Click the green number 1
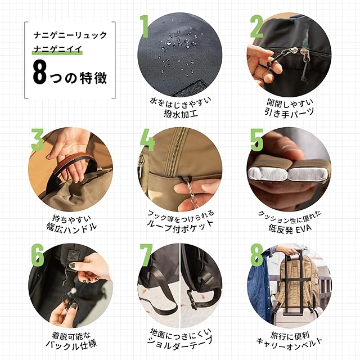click(x=145, y=26)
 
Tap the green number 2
click(x=256, y=26)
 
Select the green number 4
click(x=147, y=140)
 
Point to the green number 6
click(x=38, y=255)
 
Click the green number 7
click(x=146, y=255)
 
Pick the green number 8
click(x=256, y=255)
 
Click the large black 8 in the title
click(x=40, y=73)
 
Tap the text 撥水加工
click(x=181, y=114)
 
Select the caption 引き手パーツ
click(x=289, y=112)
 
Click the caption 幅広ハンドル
click(x=71, y=227)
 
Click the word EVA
click(x=303, y=228)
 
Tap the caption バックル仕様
click(x=71, y=345)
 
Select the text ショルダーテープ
click(x=180, y=341)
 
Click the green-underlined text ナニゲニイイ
click(x=57, y=49)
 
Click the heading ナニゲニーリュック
click(x=70, y=35)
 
